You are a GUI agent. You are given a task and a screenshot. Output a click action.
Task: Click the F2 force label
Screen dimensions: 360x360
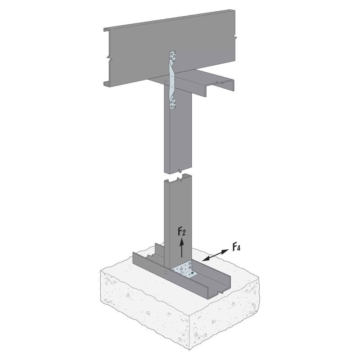pyautogui.click(x=182, y=232)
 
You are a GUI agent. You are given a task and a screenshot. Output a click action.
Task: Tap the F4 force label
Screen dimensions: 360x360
pyautogui.click(x=236, y=247)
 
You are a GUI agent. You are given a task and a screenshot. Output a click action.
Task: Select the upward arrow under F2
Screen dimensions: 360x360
pyautogui.click(x=182, y=247)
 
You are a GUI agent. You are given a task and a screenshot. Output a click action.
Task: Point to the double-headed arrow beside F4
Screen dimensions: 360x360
pyautogui.click(x=216, y=255)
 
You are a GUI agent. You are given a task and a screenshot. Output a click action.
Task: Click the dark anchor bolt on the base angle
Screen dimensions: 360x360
pyautogui.click(x=192, y=273)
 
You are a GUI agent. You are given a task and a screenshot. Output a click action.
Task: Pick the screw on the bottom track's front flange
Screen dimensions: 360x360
pyautogui.click(x=166, y=273)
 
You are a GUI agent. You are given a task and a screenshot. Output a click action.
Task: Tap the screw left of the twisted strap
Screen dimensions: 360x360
pyautogui.click(x=166, y=81)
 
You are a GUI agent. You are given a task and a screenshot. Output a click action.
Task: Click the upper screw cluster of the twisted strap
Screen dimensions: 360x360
pyautogui.click(x=173, y=57)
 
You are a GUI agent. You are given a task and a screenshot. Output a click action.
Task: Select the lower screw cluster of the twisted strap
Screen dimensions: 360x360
pyautogui.click(x=173, y=103)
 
